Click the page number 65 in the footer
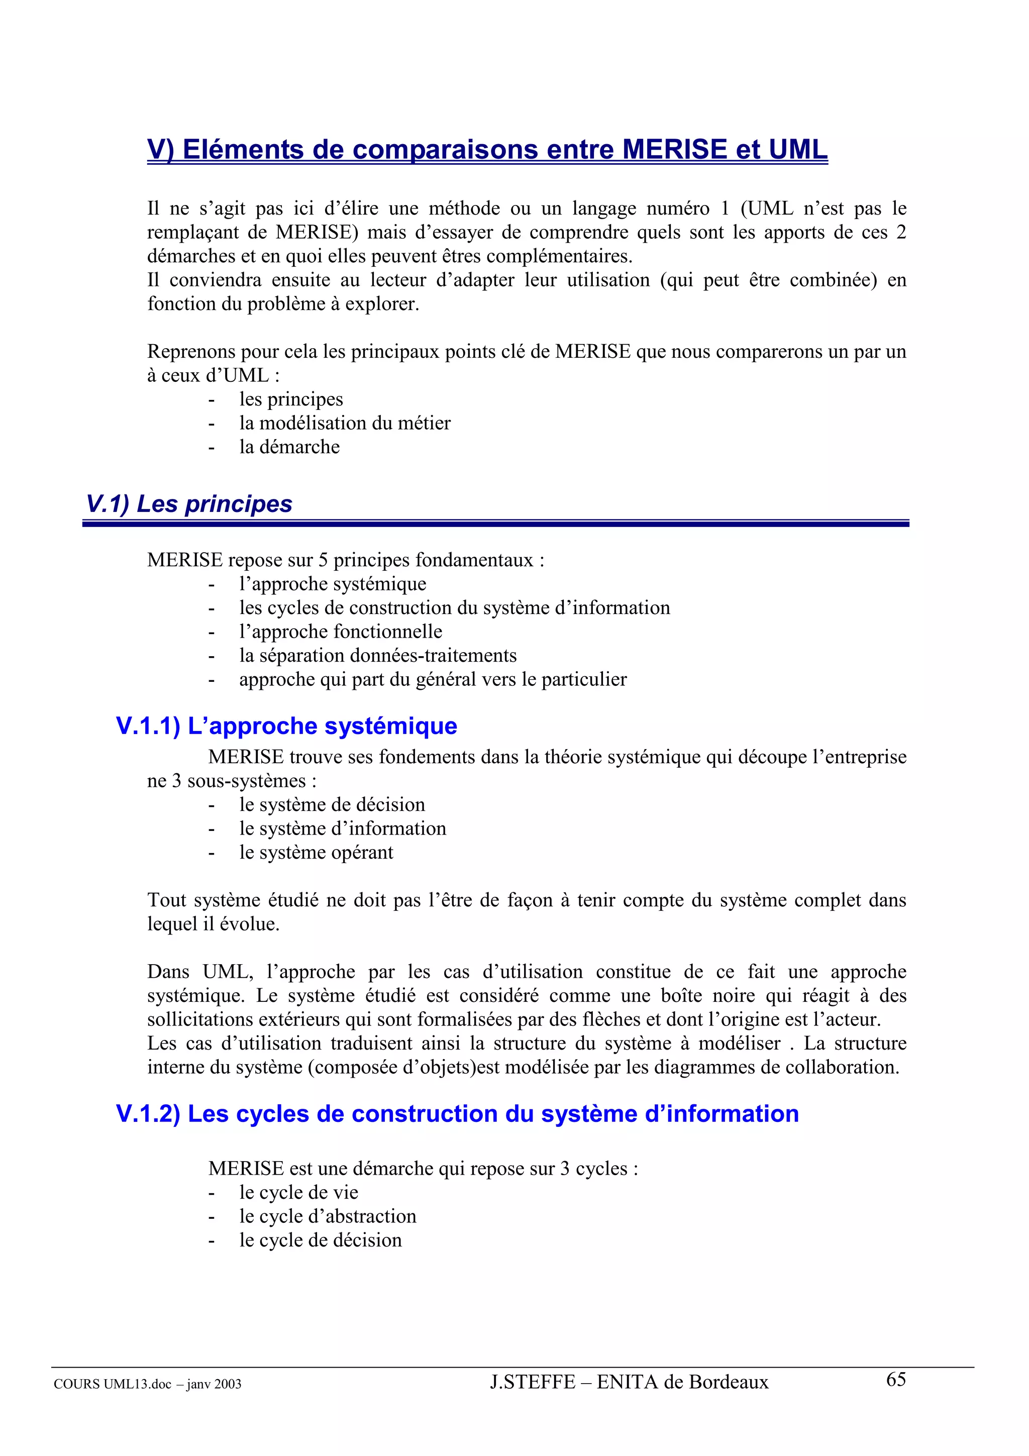[895, 1379]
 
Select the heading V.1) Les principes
[189, 503]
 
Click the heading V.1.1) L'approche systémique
[286, 725]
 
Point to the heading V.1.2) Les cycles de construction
[457, 1113]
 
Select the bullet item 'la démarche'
[289, 447]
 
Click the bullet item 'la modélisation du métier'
[344, 423]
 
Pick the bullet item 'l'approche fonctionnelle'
[341, 632]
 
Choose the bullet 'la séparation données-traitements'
[378, 655]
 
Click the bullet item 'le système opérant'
[316, 852]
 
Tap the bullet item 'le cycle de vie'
[298, 1192]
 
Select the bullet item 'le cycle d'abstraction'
[327, 1216]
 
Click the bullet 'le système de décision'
[332, 805]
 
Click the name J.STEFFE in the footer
[532, 1382]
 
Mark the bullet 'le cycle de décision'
[320, 1240]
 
